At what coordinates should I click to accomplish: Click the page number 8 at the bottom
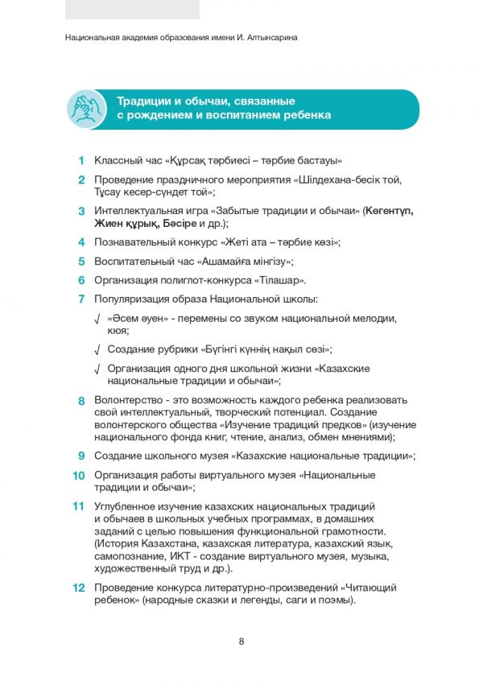242,641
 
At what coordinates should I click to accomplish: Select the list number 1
81,160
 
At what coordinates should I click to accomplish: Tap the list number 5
81,261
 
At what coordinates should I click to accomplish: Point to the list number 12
79,588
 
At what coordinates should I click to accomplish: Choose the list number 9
81,456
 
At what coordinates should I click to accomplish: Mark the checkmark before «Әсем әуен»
97,320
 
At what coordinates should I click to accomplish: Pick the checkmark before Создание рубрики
97,350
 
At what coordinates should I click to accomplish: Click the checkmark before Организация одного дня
97,369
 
